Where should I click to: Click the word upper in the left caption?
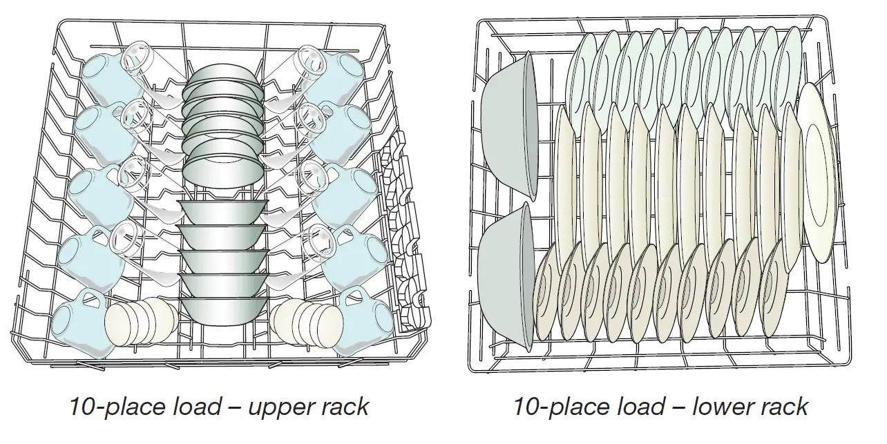[x=273, y=406]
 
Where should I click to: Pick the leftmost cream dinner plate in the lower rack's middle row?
[x=565, y=180]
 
